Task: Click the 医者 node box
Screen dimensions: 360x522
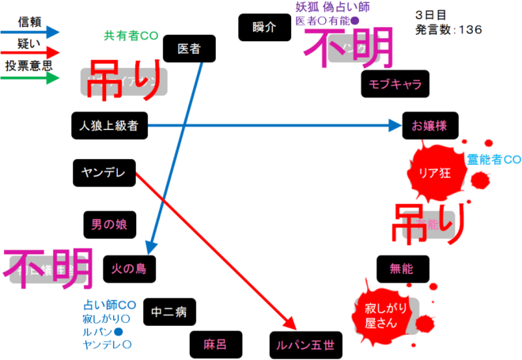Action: (x=189, y=50)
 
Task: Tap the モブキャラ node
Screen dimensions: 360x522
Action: (x=395, y=84)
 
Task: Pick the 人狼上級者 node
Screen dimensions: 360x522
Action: (x=108, y=125)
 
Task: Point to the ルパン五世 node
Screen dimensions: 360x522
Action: (x=306, y=344)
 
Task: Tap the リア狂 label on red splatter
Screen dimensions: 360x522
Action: (x=433, y=173)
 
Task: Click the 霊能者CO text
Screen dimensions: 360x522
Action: (x=494, y=159)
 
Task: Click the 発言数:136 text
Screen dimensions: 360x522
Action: (x=448, y=30)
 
